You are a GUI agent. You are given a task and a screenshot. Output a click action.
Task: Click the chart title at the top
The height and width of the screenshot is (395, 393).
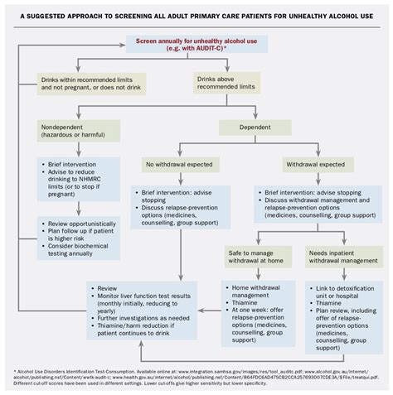(196, 12)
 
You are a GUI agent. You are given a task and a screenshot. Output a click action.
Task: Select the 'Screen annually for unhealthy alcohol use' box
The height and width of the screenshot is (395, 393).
(196, 45)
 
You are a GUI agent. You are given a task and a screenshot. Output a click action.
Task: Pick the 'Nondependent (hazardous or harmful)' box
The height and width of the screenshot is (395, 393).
(75, 132)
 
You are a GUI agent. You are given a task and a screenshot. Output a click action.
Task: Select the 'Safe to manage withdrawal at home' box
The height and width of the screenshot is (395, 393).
(259, 256)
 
